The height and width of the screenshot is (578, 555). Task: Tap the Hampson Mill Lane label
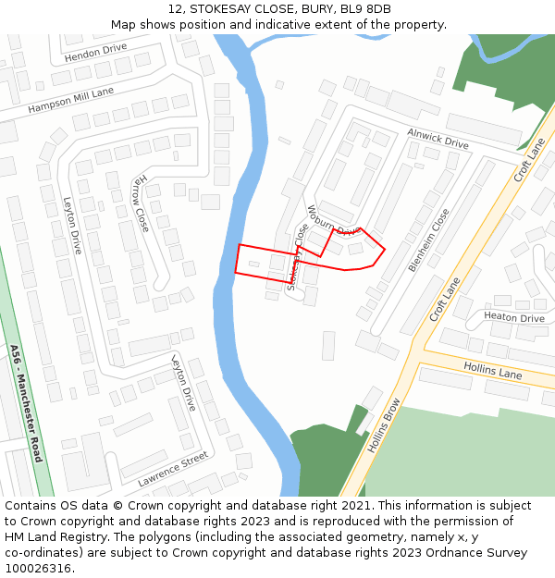[70, 99]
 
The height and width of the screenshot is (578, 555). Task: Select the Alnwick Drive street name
[438, 139]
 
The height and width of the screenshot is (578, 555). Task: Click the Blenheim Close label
[429, 240]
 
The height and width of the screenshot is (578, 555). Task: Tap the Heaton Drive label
[513, 317]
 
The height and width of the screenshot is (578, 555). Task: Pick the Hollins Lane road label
[491, 371]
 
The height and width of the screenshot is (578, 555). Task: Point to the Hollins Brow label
[383, 424]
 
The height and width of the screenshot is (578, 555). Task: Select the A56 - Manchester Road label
[27, 403]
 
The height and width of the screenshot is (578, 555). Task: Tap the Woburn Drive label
[332, 220]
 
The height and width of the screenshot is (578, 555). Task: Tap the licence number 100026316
[38, 569]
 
